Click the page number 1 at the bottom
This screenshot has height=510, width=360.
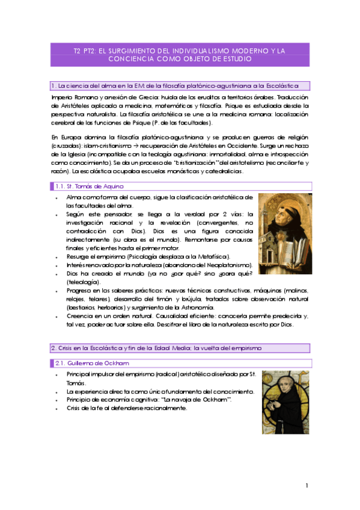(307, 485)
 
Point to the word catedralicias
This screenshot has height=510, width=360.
(224, 171)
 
